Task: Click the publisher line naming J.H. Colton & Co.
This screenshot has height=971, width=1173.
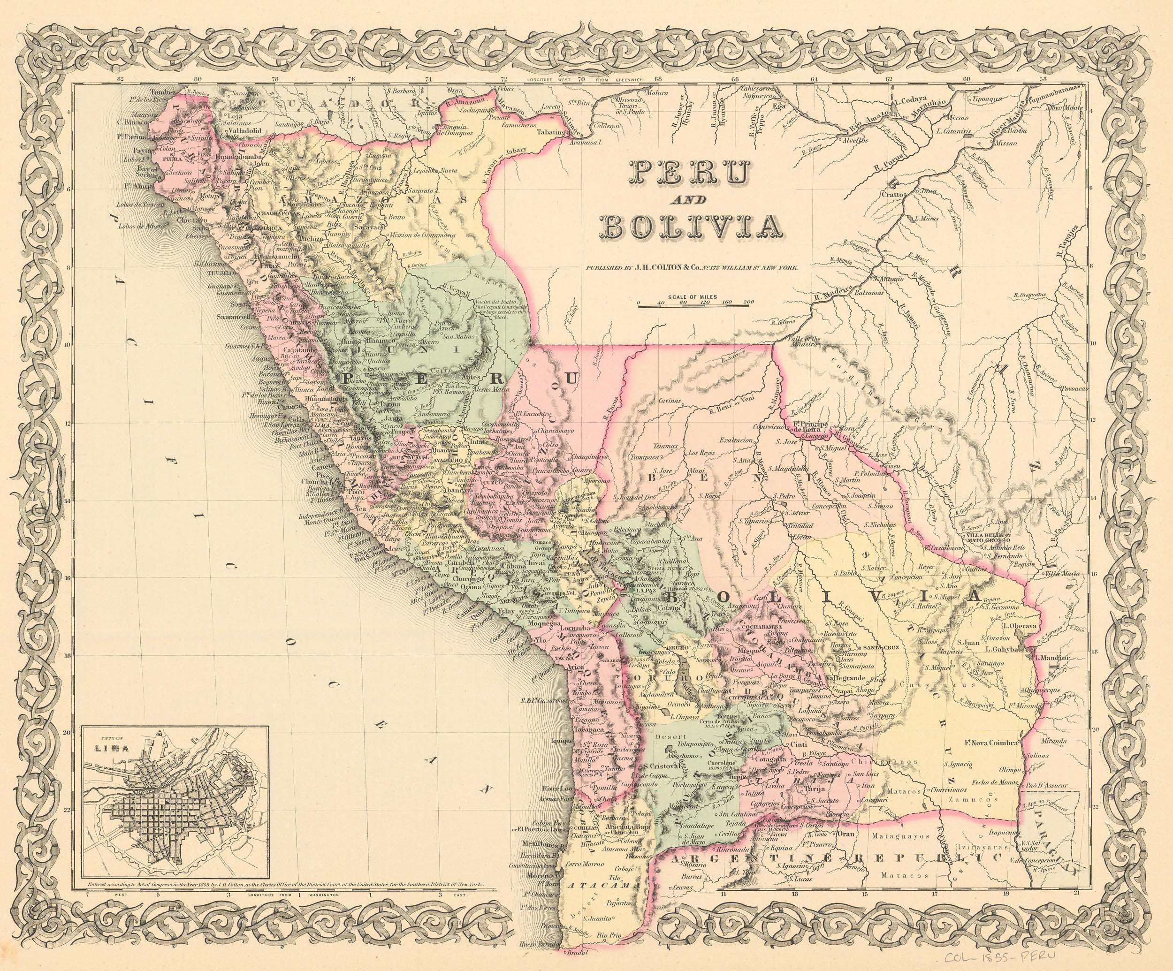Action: coord(692,267)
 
